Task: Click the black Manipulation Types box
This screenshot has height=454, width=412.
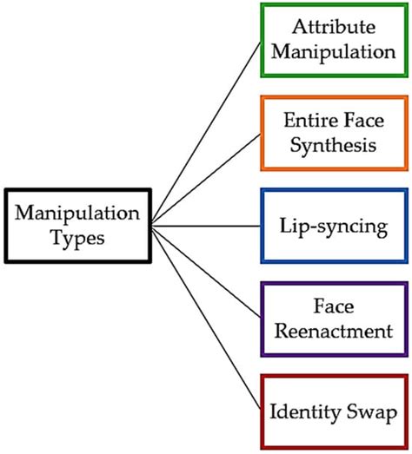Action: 76,225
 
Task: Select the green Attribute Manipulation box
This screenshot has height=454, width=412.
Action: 334,40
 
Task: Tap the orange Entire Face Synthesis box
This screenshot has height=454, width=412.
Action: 334,133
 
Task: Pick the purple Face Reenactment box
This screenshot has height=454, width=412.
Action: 334,319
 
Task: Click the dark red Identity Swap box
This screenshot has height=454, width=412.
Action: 334,411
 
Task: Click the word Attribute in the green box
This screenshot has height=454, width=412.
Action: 334,26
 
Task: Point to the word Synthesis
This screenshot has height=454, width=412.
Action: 334,145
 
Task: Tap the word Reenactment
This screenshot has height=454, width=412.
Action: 334,332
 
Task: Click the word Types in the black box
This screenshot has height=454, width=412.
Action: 76,238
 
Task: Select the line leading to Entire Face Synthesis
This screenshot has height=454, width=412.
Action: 205,179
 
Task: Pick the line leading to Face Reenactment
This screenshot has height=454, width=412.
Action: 205,272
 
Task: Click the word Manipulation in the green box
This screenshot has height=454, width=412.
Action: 334,52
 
